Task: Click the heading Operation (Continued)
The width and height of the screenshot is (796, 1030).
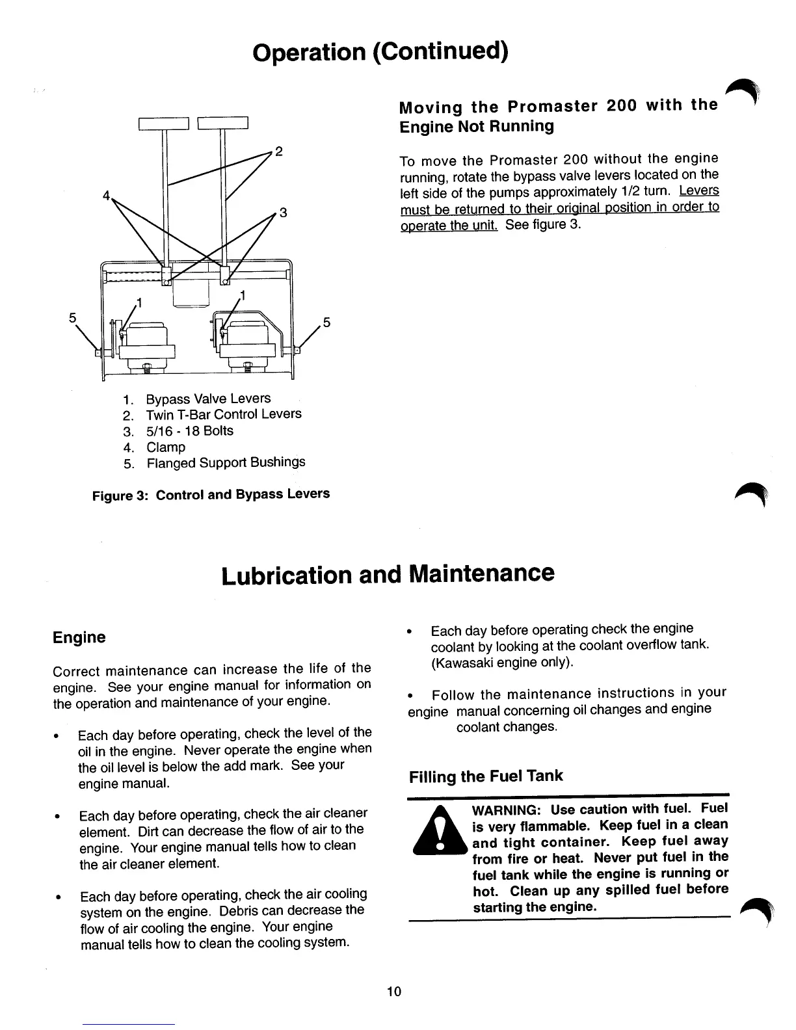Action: [380, 51]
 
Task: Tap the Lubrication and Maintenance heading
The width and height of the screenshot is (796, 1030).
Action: [388, 575]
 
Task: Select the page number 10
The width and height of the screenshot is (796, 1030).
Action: [394, 992]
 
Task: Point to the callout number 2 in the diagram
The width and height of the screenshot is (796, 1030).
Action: [278, 152]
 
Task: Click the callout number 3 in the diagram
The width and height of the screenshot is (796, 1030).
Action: [282, 212]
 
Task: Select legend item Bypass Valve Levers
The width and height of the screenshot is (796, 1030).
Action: [207, 399]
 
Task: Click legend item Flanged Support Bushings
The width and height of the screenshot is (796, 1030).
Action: [225, 463]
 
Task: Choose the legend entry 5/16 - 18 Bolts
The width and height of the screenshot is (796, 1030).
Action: [189, 431]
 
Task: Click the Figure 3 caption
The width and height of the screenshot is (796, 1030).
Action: [212, 494]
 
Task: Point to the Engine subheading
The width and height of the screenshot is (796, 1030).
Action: [79, 637]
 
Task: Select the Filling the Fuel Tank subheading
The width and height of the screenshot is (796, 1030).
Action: [485, 776]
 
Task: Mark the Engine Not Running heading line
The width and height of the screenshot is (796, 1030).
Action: [476, 126]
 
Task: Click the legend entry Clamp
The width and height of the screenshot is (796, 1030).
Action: [166, 447]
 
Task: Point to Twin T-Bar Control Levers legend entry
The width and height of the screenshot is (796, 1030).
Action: [223, 414]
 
